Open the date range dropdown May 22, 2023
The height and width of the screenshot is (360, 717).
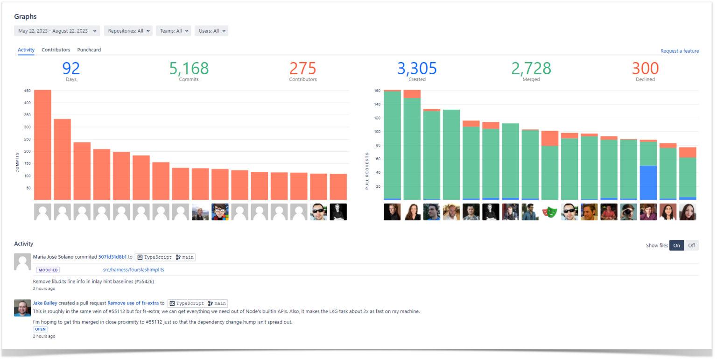click(57, 31)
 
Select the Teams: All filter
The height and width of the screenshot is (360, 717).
click(173, 31)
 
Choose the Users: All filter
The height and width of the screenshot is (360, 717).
click(211, 31)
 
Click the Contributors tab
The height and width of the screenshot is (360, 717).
click(56, 50)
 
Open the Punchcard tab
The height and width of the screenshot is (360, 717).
click(89, 50)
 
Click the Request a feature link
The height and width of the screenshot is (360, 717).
click(679, 51)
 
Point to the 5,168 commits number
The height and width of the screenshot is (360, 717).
click(189, 69)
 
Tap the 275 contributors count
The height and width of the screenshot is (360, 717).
click(302, 69)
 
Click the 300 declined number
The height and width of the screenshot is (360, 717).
click(645, 69)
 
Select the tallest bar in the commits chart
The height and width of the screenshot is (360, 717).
click(42, 145)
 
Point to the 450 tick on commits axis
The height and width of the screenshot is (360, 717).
click(28, 91)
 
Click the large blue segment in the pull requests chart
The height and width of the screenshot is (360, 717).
click(648, 183)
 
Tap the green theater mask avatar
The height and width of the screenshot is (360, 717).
click(550, 212)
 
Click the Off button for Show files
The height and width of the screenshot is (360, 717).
click(691, 246)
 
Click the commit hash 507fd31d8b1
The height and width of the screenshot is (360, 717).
click(112, 257)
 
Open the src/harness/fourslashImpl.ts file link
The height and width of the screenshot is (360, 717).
click(134, 270)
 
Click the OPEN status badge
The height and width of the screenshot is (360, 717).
click(40, 329)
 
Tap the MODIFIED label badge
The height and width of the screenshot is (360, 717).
click(48, 270)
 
